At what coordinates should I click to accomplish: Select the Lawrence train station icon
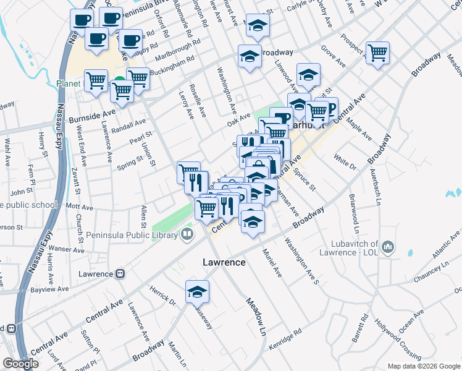point(121,273)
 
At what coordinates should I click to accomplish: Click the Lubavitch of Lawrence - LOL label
point(350,247)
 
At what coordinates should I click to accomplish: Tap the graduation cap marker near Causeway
point(198,291)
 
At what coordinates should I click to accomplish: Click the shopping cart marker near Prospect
point(377,53)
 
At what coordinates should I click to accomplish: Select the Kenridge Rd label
point(285,339)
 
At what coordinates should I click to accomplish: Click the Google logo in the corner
point(20,364)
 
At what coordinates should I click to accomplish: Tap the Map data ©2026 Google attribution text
point(423,366)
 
